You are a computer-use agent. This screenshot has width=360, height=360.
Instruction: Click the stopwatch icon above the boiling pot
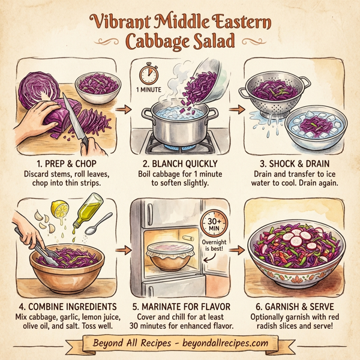[148, 75]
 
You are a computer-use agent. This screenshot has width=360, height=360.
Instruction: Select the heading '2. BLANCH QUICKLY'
[180, 163]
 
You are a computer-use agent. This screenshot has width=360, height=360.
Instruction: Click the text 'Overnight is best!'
[217, 250]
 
